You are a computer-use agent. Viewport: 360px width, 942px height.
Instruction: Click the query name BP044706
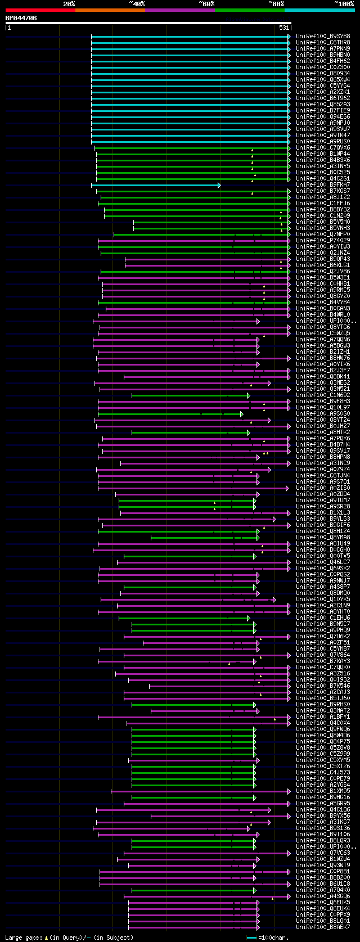(x=21, y=18)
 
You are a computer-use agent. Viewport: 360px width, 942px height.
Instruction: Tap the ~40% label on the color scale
(x=137, y=4)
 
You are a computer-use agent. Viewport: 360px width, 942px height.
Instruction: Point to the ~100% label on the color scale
(x=344, y=4)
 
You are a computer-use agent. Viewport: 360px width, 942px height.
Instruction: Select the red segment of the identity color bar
(x=40, y=10)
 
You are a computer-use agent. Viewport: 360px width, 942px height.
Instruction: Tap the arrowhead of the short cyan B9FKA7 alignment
(x=219, y=185)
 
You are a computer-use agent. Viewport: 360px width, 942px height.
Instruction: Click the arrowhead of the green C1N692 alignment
(x=248, y=395)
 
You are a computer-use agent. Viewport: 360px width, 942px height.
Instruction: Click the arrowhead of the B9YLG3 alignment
(x=274, y=519)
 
